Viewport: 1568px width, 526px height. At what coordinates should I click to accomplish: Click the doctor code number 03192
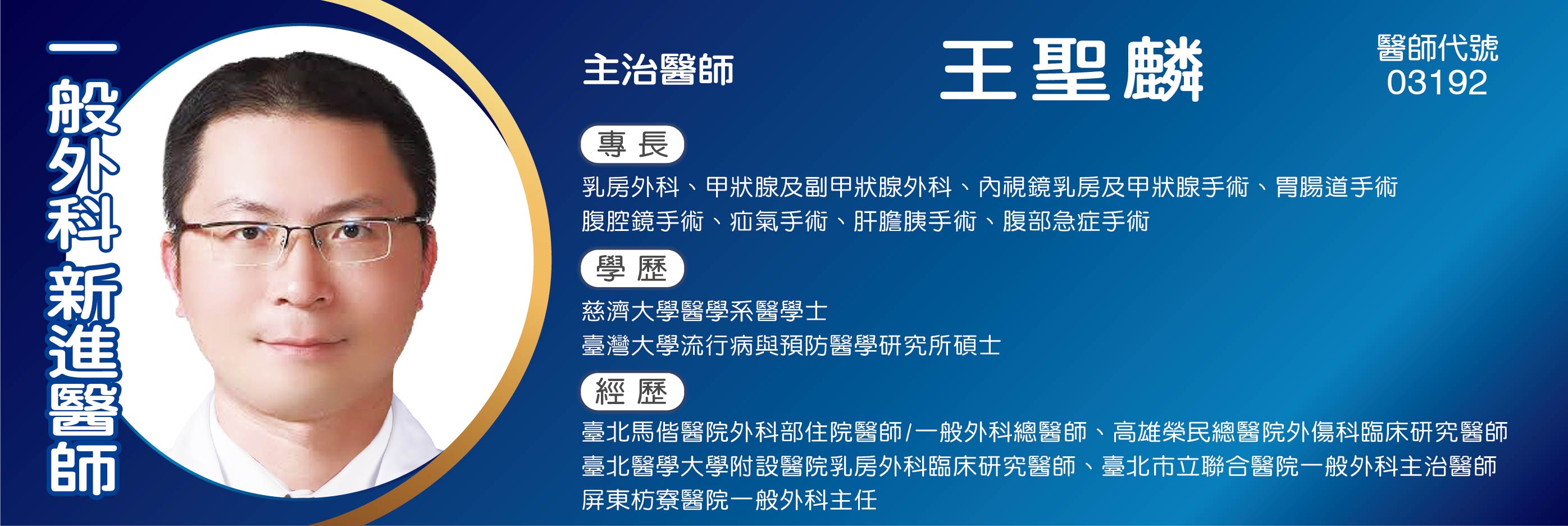[x=1437, y=83]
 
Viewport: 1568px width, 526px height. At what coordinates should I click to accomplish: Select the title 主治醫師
[x=658, y=70]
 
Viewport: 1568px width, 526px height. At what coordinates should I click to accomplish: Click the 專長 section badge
[x=632, y=145]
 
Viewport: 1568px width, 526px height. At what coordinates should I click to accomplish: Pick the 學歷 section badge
[x=632, y=269]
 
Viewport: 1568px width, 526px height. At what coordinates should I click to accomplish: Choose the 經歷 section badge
[x=632, y=392]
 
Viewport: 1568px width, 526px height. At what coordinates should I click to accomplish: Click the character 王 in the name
[x=979, y=70]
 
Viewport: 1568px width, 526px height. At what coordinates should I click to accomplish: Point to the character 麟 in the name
[x=1163, y=70]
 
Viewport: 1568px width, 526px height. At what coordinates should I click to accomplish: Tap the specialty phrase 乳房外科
[x=631, y=187]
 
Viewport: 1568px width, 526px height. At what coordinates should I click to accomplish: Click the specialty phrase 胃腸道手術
[x=1337, y=187]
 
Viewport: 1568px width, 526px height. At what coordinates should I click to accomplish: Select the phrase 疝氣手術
[x=778, y=221]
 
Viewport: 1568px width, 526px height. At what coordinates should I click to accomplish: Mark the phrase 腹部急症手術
[x=1075, y=221]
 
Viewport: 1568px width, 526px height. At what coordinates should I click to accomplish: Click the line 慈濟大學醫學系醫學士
[x=704, y=311]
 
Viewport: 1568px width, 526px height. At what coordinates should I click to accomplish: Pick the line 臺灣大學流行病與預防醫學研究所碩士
[x=791, y=346]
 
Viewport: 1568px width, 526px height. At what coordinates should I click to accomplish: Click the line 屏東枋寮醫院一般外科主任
[x=729, y=500]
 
